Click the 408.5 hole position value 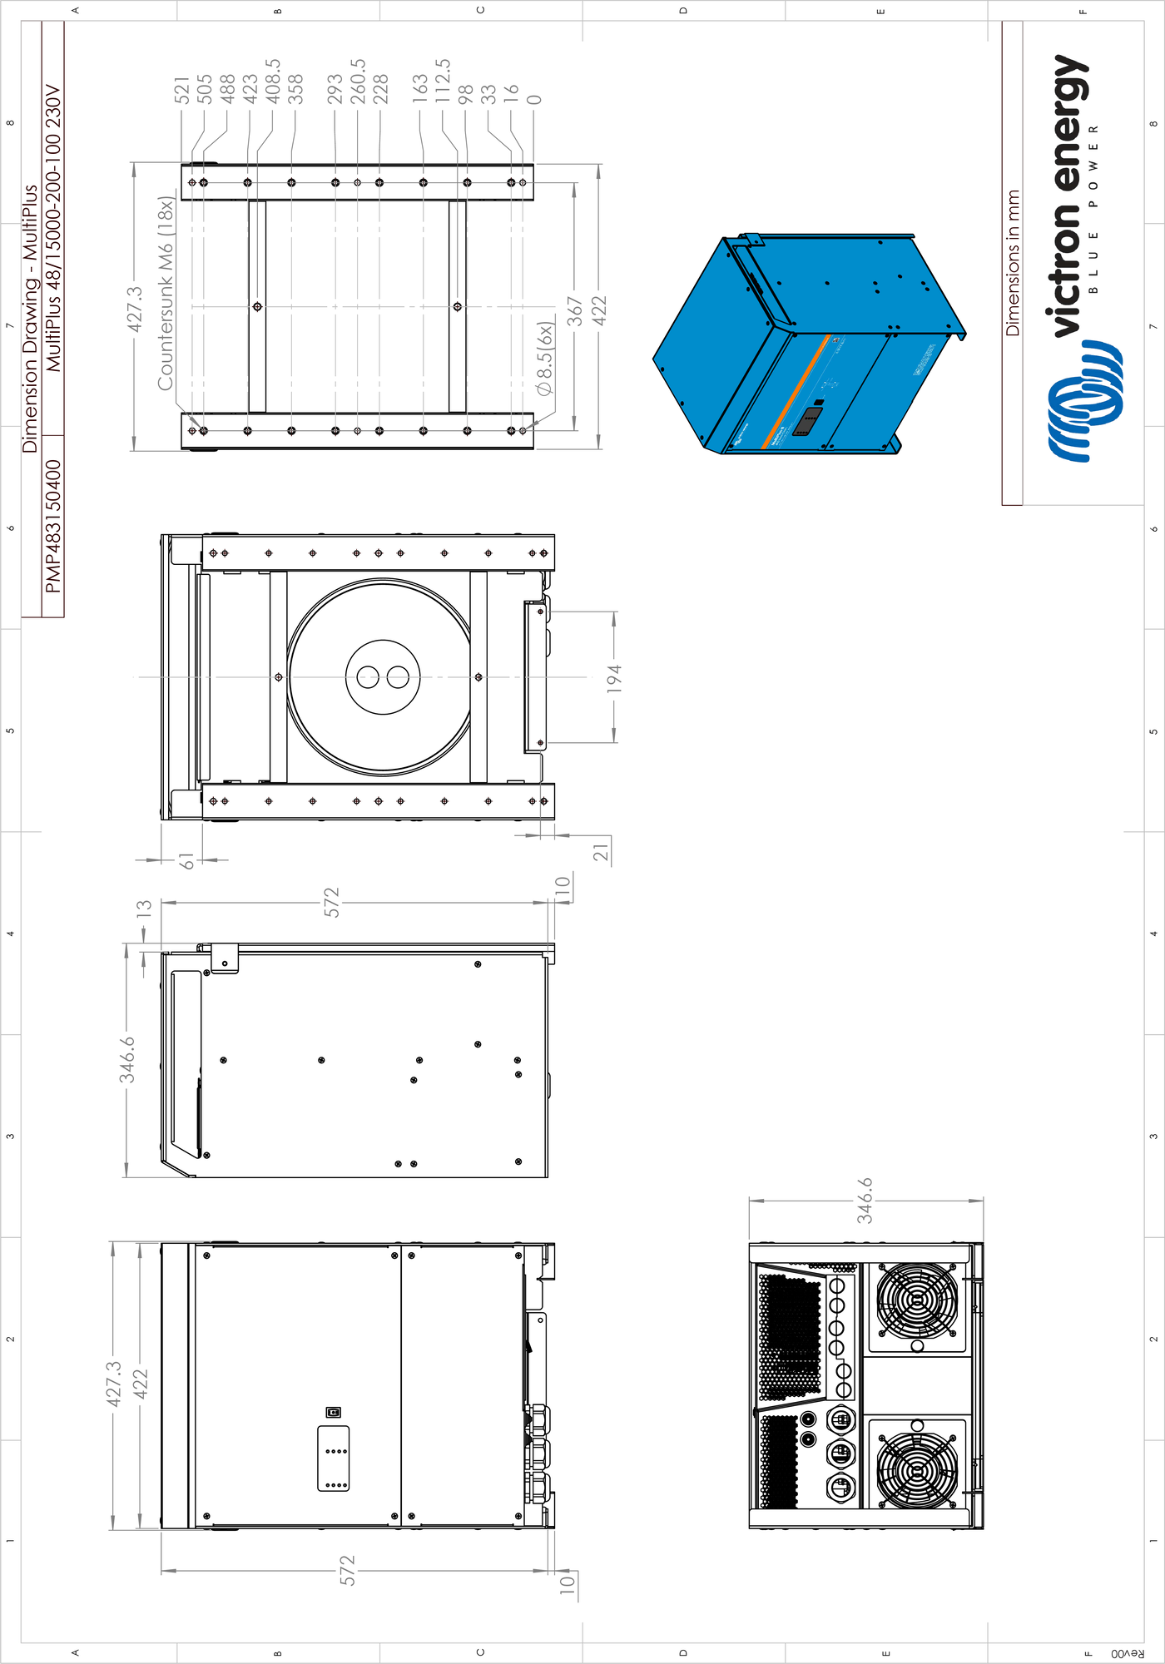tap(273, 82)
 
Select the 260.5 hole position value tap(358, 82)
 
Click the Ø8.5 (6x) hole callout tap(545, 359)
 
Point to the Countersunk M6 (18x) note tap(166, 293)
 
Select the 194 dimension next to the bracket tap(614, 678)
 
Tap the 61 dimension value tap(188, 861)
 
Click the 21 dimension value tap(601, 852)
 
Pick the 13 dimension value tap(145, 908)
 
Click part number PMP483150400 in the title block tap(53, 526)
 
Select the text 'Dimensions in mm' tap(1013, 263)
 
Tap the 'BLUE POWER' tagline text tap(1093, 208)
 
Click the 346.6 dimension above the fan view tap(865, 1200)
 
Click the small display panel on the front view tap(334, 1458)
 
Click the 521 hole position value tap(182, 90)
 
